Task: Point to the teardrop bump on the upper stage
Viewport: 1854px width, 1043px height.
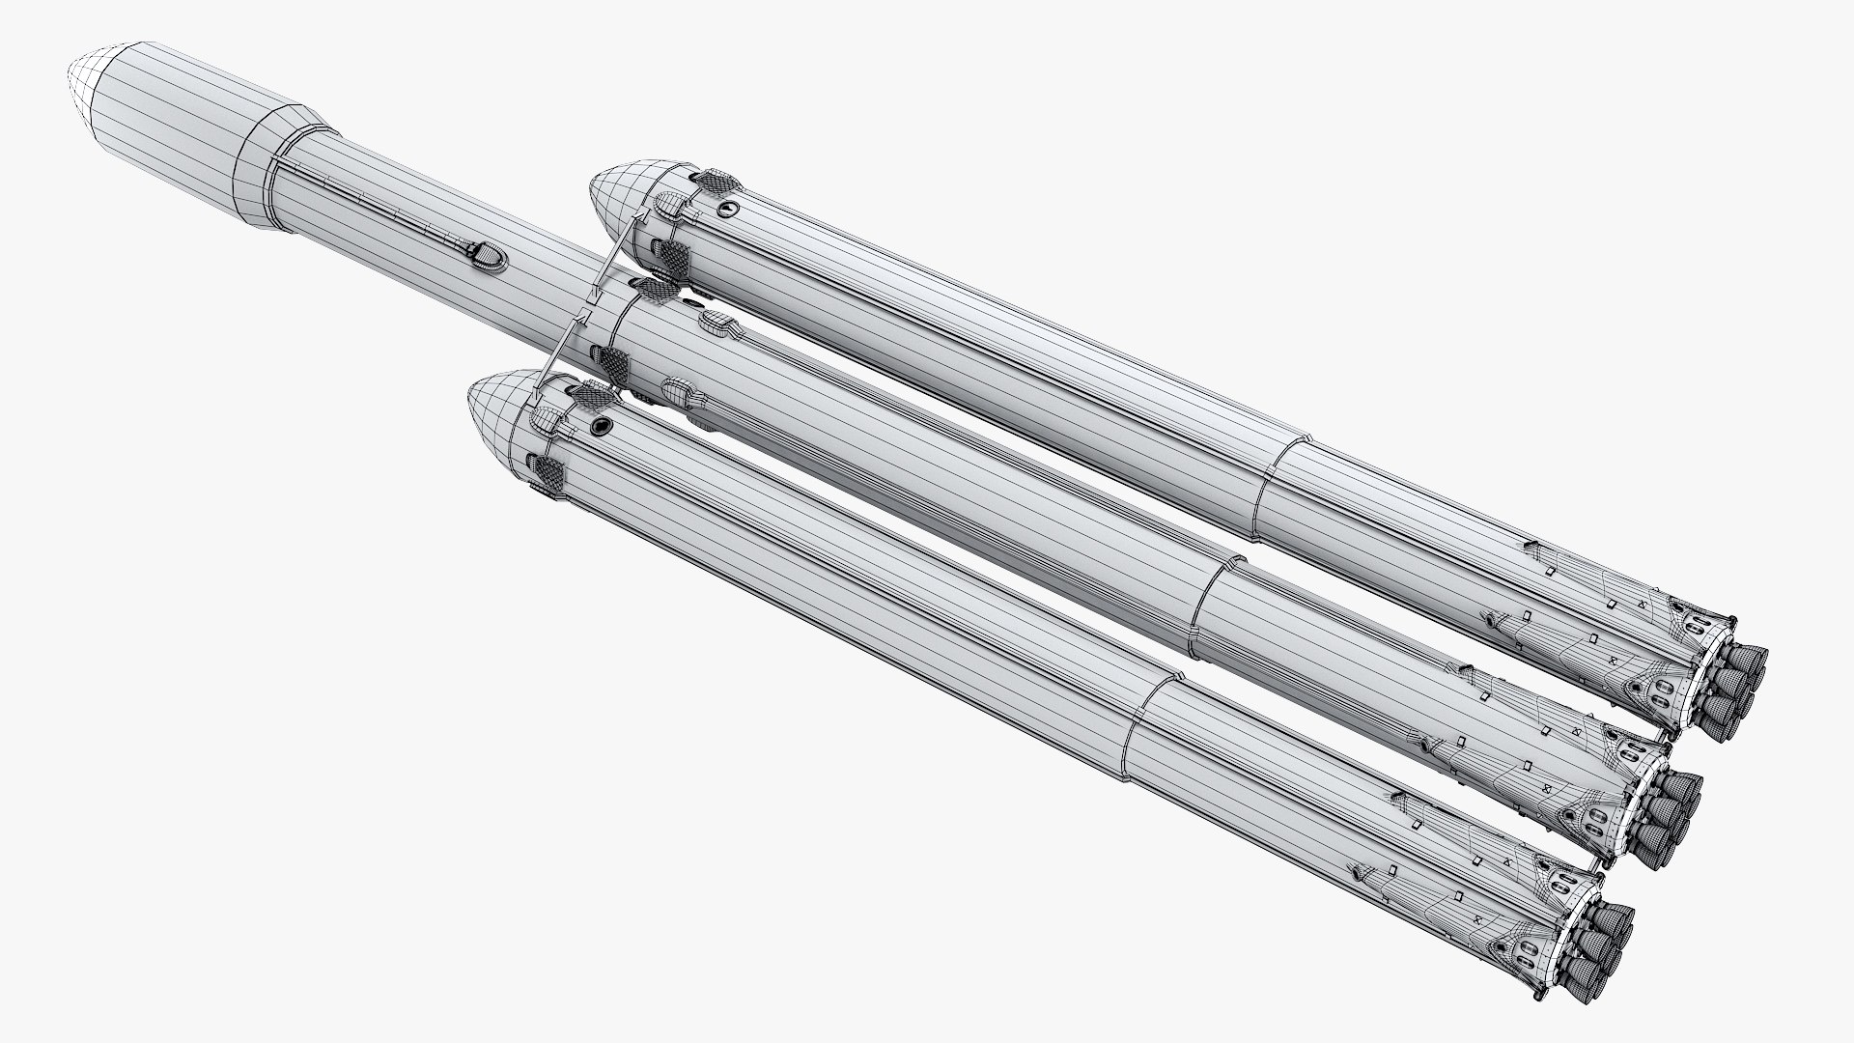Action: [485, 256]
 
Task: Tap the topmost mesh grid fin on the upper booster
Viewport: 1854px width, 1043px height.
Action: [715, 180]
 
